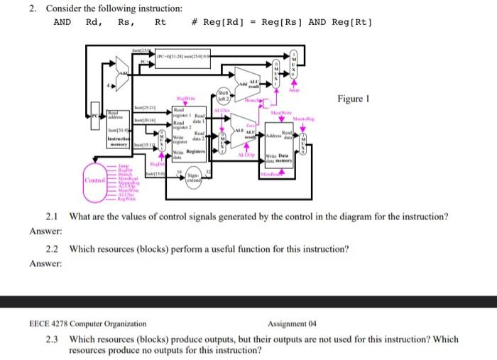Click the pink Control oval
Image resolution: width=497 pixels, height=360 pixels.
coord(94,181)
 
